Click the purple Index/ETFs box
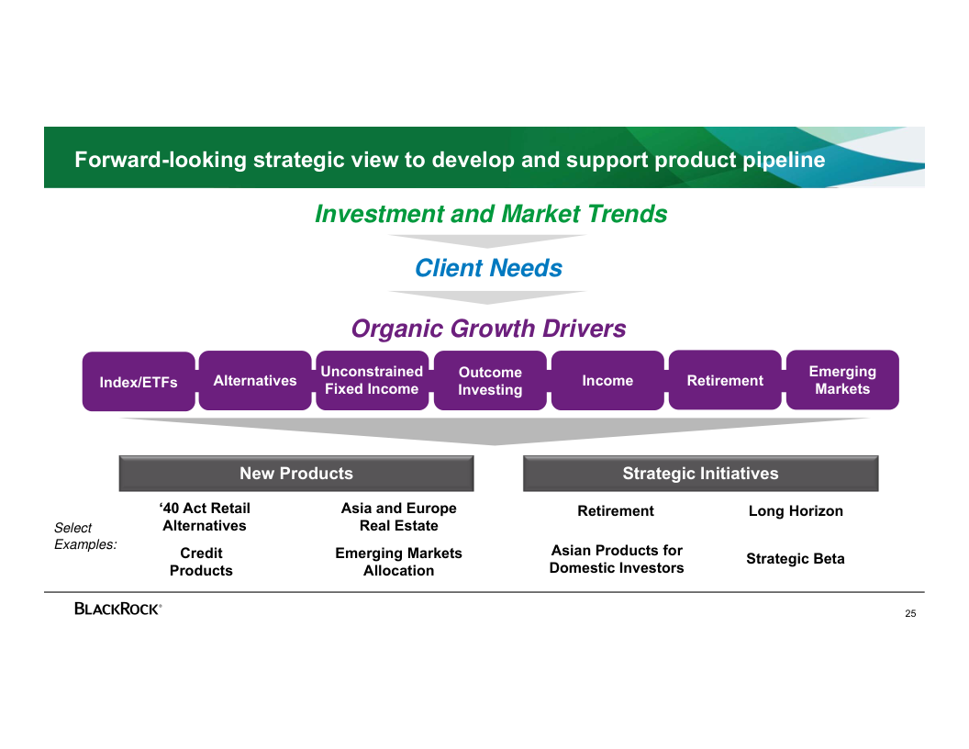point(139,382)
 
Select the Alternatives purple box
point(255,381)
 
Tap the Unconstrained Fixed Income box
point(372,381)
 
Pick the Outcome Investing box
point(490,381)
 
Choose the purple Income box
point(607,381)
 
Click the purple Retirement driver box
point(725,381)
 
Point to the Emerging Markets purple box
point(842,380)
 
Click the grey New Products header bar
point(296,474)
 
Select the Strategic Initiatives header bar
point(700,474)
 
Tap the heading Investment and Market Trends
point(491,214)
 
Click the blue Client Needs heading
point(488,268)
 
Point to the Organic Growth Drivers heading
point(488,329)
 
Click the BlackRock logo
point(118,609)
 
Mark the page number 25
point(910,614)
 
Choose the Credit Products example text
point(201,562)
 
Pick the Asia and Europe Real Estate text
point(398,517)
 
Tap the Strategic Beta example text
point(795,559)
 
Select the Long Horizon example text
point(796,511)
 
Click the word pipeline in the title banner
point(784,160)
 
